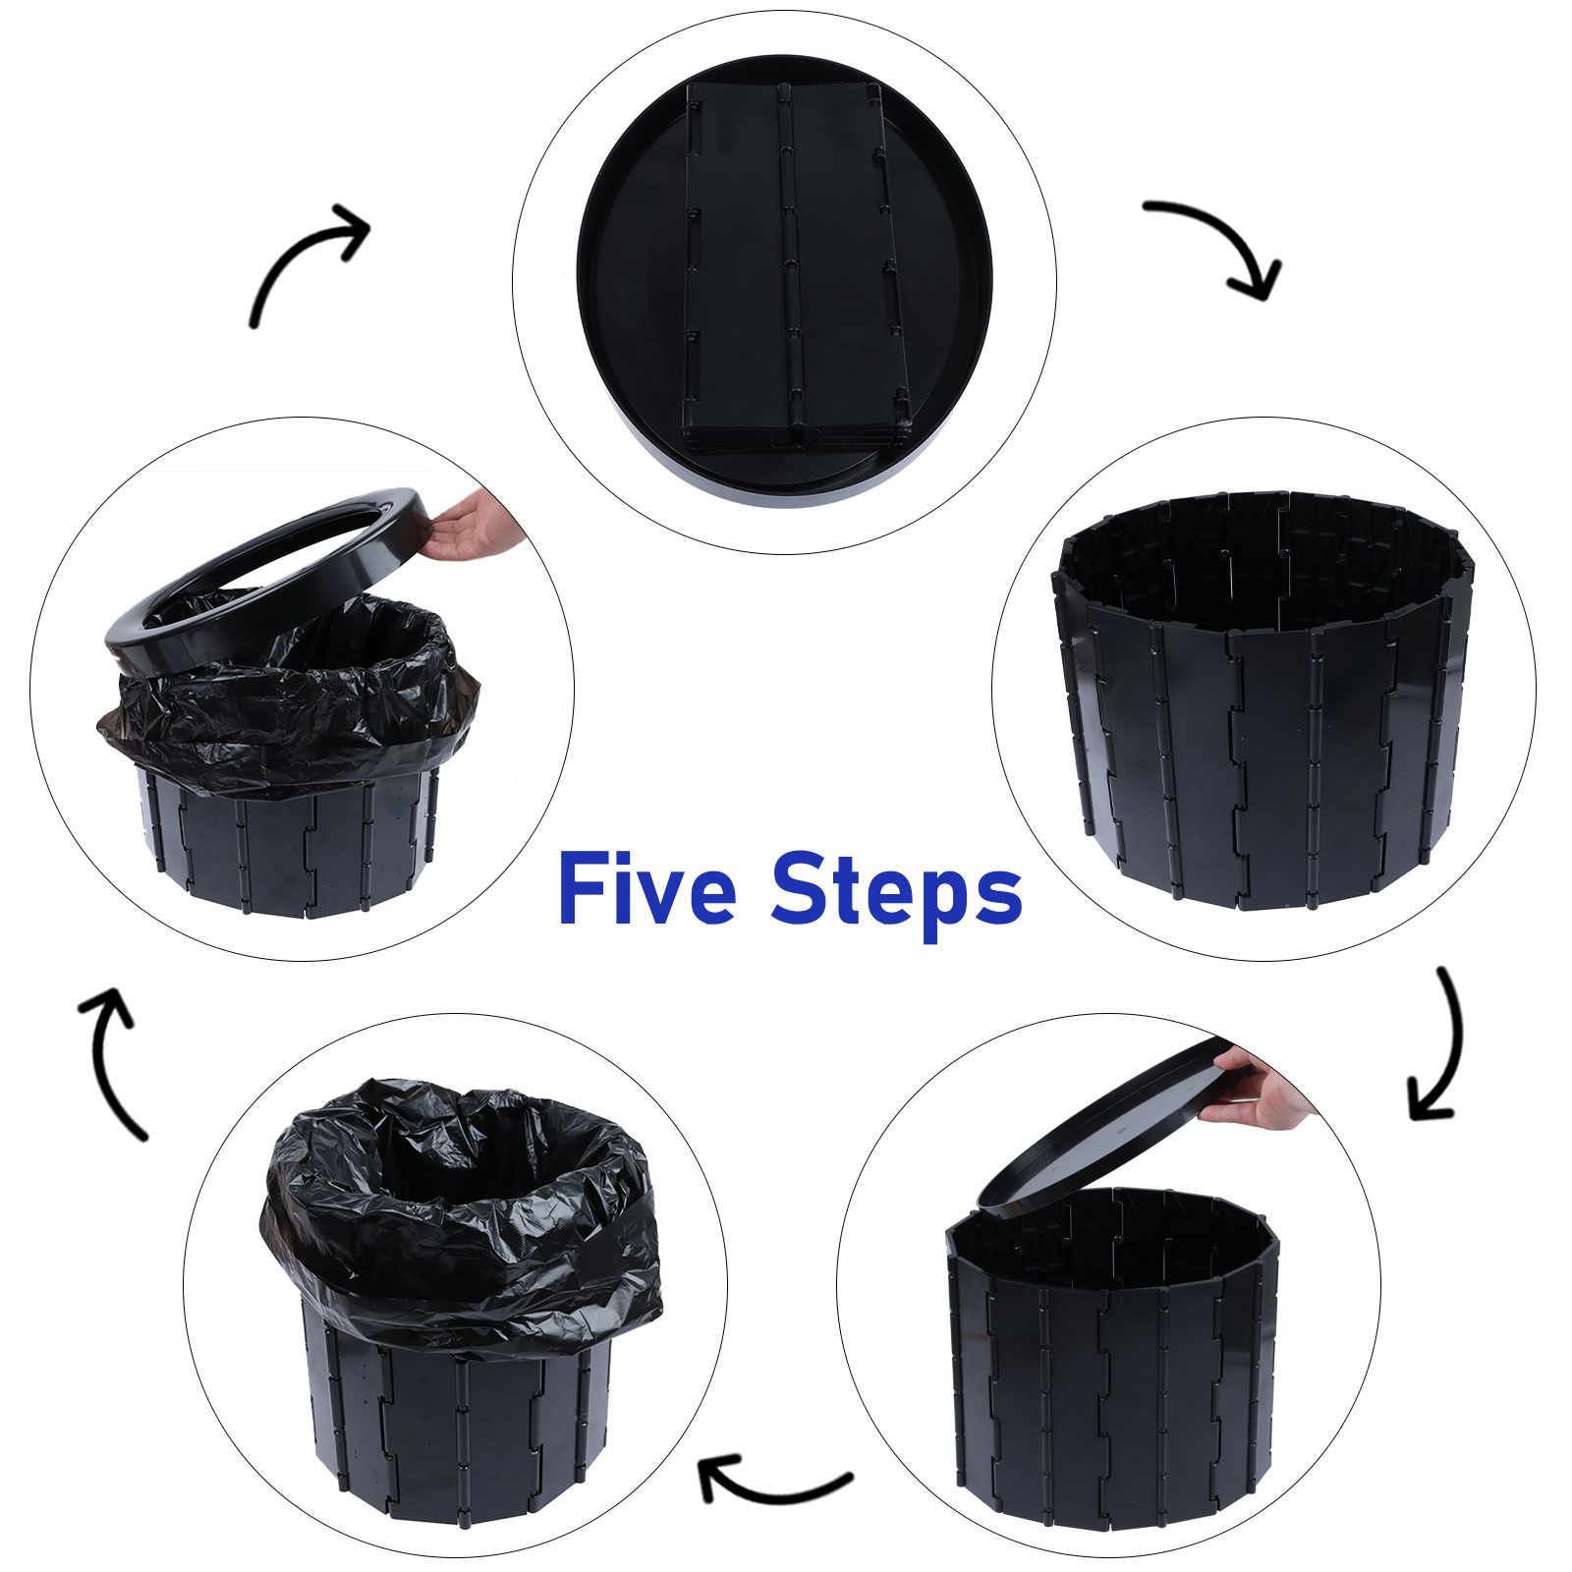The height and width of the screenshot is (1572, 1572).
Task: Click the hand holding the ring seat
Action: tap(475, 526)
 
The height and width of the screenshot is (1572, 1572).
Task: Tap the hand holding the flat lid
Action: tap(1263, 1089)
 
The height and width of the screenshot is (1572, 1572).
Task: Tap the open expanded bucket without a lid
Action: tap(1263, 700)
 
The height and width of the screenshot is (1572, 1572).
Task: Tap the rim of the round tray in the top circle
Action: tap(589, 295)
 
